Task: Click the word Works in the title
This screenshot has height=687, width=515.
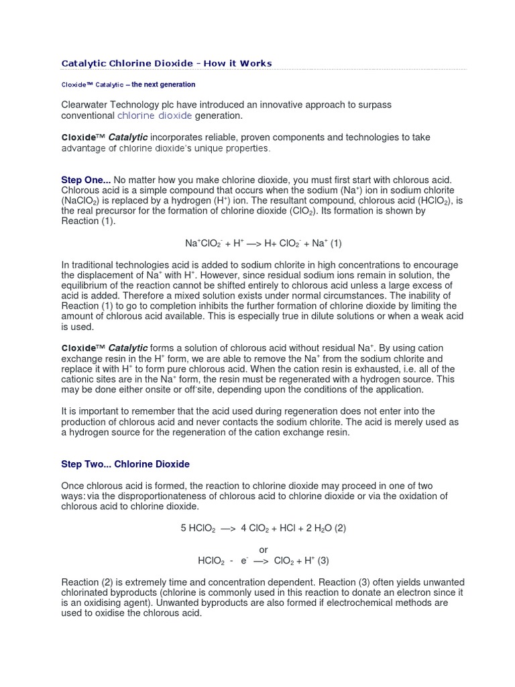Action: tap(255, 63)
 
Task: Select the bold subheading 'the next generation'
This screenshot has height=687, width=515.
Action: tap(163, 85)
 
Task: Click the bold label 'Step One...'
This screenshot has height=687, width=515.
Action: tap(86, 180)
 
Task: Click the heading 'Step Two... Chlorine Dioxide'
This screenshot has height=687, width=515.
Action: tap(125, 464)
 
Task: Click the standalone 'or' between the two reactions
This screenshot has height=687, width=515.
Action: tap(264, 550)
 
